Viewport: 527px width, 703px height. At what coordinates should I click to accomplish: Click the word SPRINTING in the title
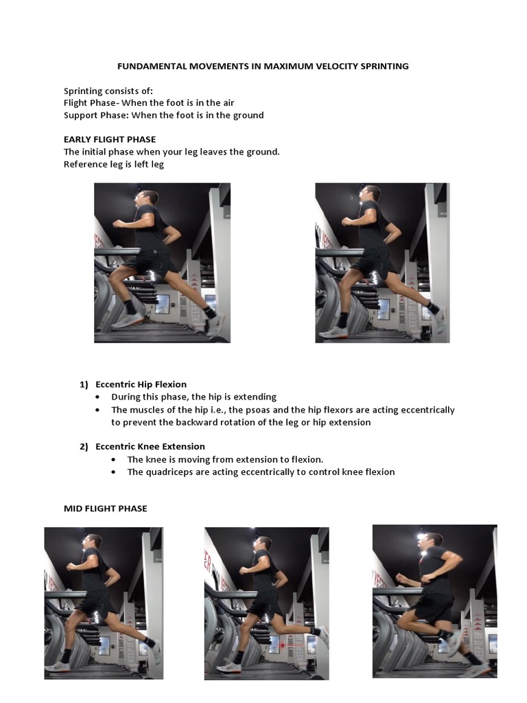tap(384, 67)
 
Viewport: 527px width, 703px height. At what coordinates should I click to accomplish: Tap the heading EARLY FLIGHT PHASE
tap(110, 139)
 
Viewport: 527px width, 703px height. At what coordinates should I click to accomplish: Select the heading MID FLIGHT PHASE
tap(105, 509)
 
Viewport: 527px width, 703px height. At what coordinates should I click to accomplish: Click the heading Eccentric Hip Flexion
tap(141, 384)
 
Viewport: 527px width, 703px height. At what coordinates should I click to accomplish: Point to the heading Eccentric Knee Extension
tap(150, 446)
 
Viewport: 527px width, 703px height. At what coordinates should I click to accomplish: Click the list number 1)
tap(84, 384)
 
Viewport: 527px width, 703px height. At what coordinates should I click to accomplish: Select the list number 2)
tap(84, 446)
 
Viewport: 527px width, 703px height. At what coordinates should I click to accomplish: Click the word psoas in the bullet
tap(258, 411)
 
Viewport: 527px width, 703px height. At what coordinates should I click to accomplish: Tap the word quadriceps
tap(169, 472)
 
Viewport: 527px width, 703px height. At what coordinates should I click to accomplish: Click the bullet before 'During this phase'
tap(97, 397)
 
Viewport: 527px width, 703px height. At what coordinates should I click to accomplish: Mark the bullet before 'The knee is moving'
tap(114, 459)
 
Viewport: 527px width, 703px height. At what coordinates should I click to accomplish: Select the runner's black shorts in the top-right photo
tap(373, 263)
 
